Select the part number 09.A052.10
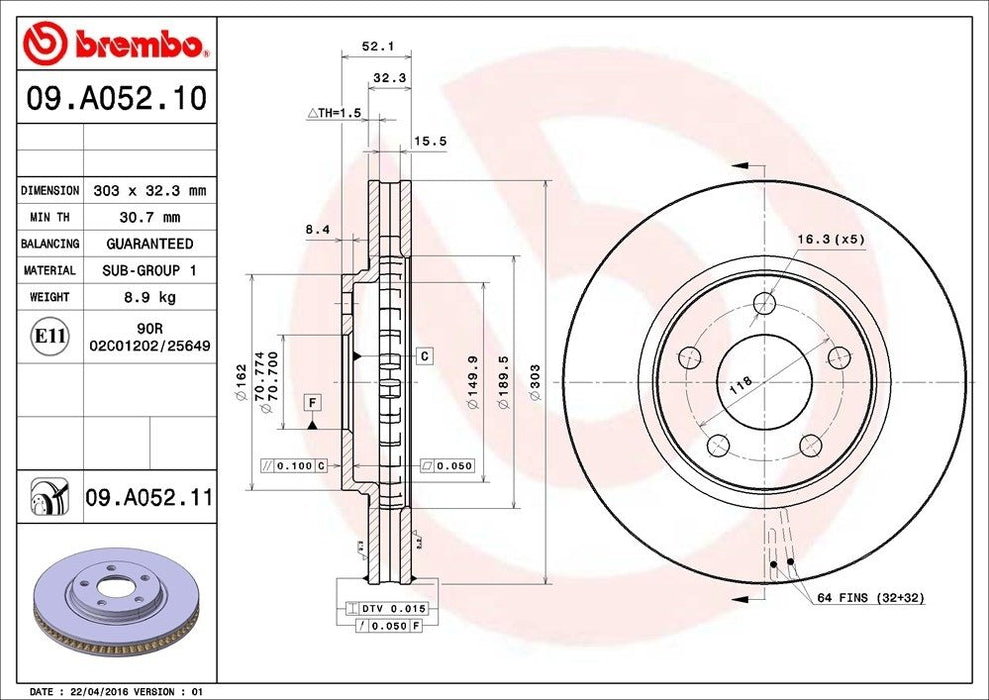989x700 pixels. [x=114, y=99]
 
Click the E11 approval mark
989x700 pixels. [x=50, y=338]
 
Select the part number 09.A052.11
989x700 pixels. [x=148, y=495]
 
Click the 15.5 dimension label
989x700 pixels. [x=430, y=142]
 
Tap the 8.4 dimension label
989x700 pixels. [x=317, y=230]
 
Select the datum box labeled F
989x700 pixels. [x=313, y=403]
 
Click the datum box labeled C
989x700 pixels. [x=425, y=356]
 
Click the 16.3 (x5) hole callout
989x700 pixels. [x=830, y=239]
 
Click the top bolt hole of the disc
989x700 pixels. [x=766, y=303]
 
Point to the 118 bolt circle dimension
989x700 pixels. [x=740, y=386]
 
